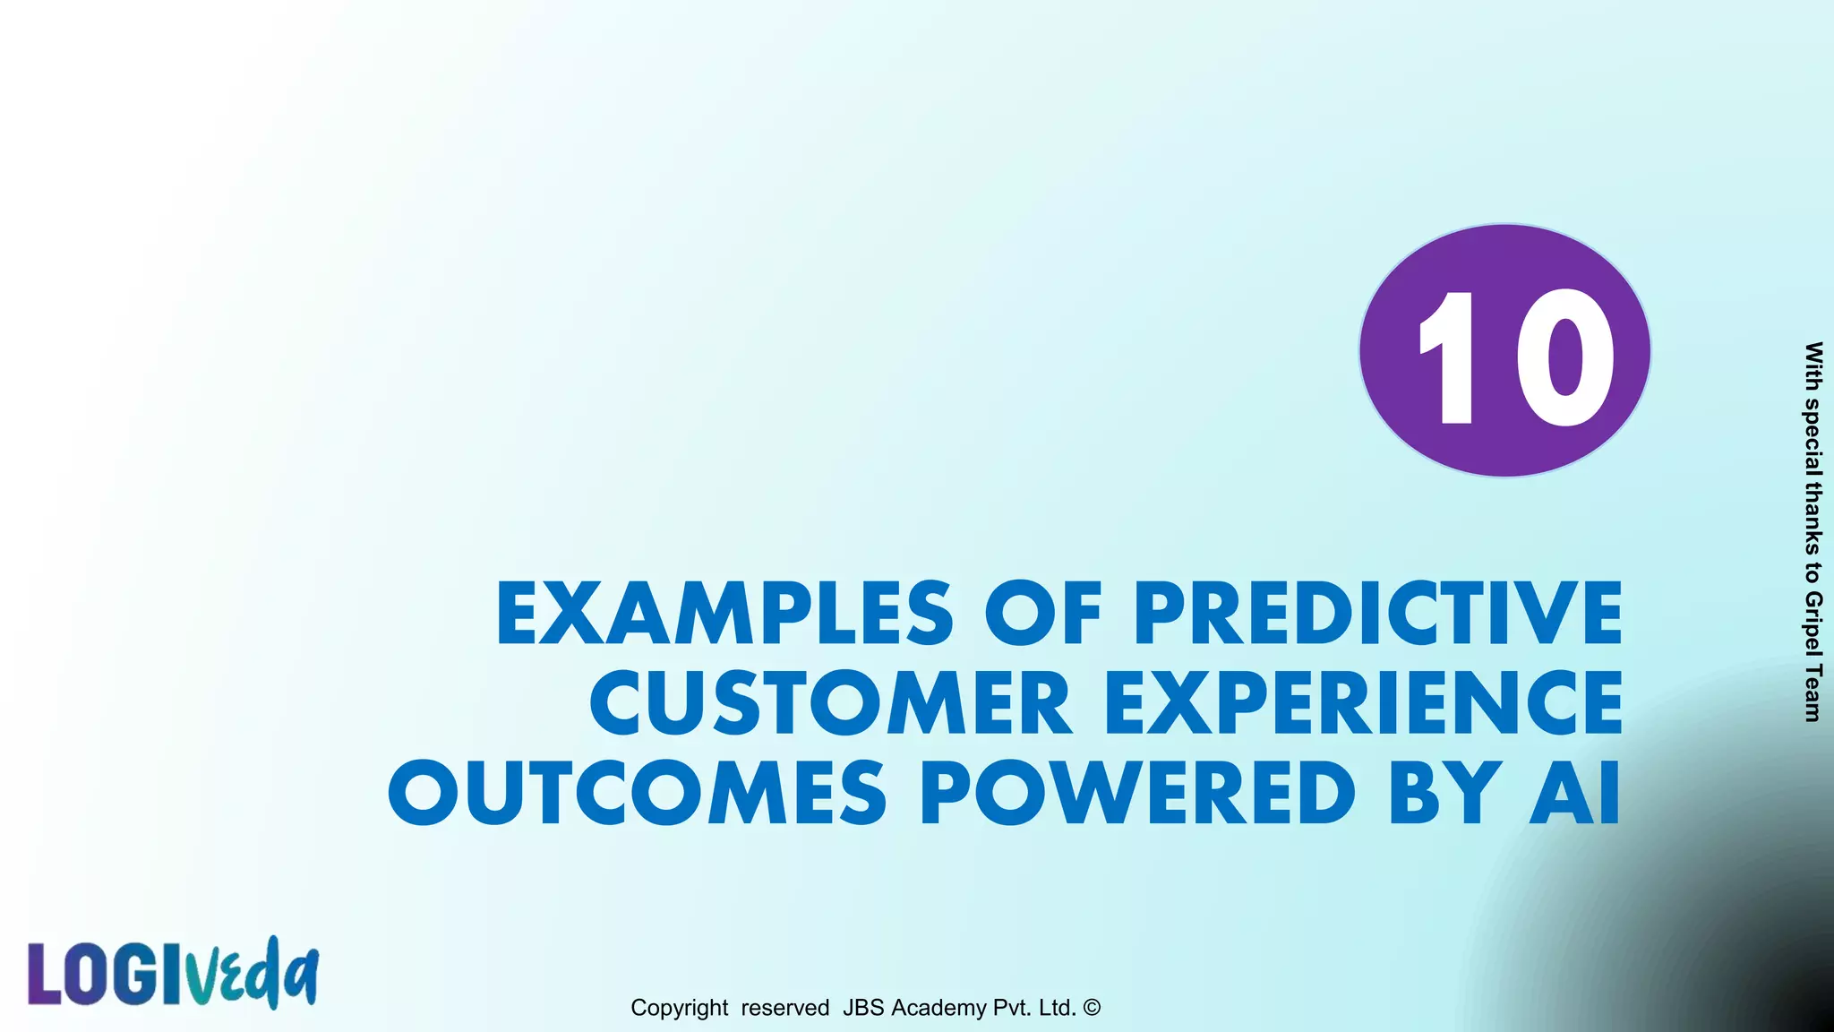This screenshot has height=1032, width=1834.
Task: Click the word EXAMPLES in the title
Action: pyautogui.click(x=724, y=614)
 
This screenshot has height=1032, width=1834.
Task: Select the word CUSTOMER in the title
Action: pyautogui.click(x=830, y=703)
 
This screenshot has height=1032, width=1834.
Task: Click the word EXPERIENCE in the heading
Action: pyautogui.click(x=1363, y=703)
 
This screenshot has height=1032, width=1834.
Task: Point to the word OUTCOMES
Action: pyautogui.click(x=637, y=794)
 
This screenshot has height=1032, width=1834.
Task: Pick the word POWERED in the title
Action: pyautogui.click(x=1138, y=794)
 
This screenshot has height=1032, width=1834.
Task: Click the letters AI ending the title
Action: pyautogui.click(x=1575, y=794)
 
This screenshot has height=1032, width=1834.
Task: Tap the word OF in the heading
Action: pyautogui.click(x=1042, y=614)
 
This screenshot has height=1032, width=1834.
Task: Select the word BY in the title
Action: pyautogui.click(x=1445, y=794)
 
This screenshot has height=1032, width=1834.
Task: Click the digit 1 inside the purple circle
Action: pyautogui.click(x=1448, y=357)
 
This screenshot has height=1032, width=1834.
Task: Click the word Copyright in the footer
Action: pyautogui.click(x=679, y=1008)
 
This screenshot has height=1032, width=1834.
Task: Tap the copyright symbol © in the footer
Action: pyautogui.click(x=1091, y=1007)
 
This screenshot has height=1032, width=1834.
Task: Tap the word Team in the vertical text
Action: pyautogui.click(x=1813, y=692)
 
